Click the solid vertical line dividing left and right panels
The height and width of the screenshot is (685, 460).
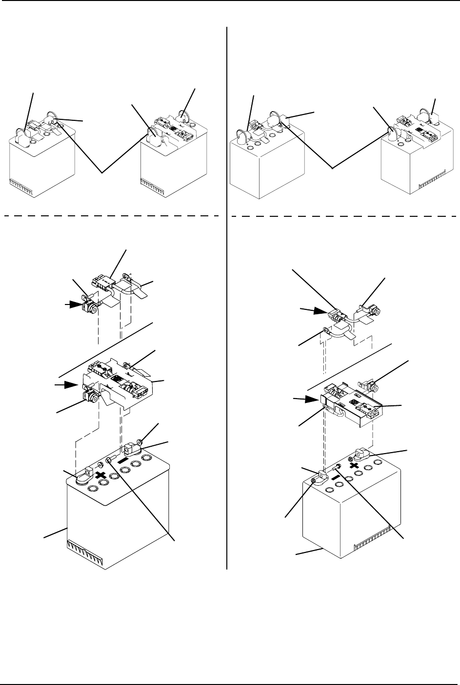[x=228, y=292]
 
